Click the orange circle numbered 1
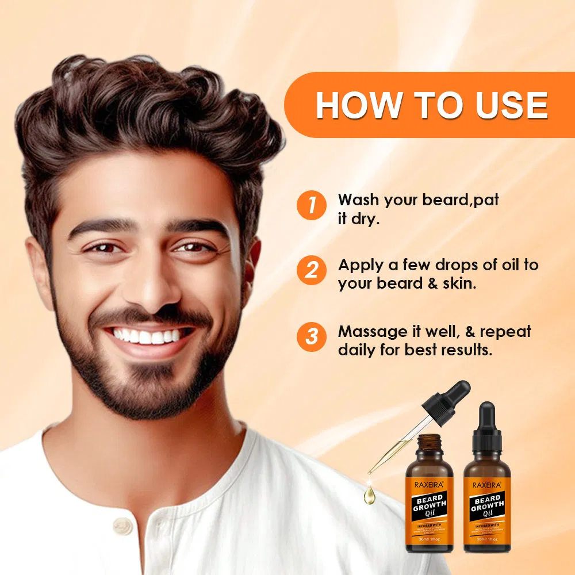(311, 205)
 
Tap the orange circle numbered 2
(311, 270)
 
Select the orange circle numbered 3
(311, 336)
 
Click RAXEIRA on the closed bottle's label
(486, 485)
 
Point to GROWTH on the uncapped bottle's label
(429, 507)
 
